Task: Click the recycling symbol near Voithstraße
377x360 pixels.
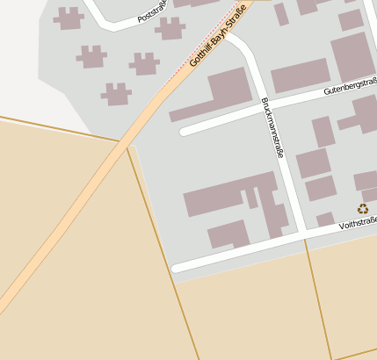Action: pyautogui.click(x=363, y=208)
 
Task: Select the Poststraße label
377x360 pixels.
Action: pyautogui.click(x=152, y=11)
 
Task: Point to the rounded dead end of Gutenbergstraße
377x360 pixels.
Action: pyautogui.click(x=185, y=132)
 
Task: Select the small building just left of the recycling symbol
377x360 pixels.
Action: pyautogui.click(x=325, y=218)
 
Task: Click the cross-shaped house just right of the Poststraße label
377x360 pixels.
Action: pyautogui.click(x=170, y=28)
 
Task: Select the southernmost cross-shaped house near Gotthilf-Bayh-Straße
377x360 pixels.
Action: pyautogui.click(x=115, y=94)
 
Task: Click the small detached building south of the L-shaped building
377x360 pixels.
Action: pyautogui.click(x=228, y=234)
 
